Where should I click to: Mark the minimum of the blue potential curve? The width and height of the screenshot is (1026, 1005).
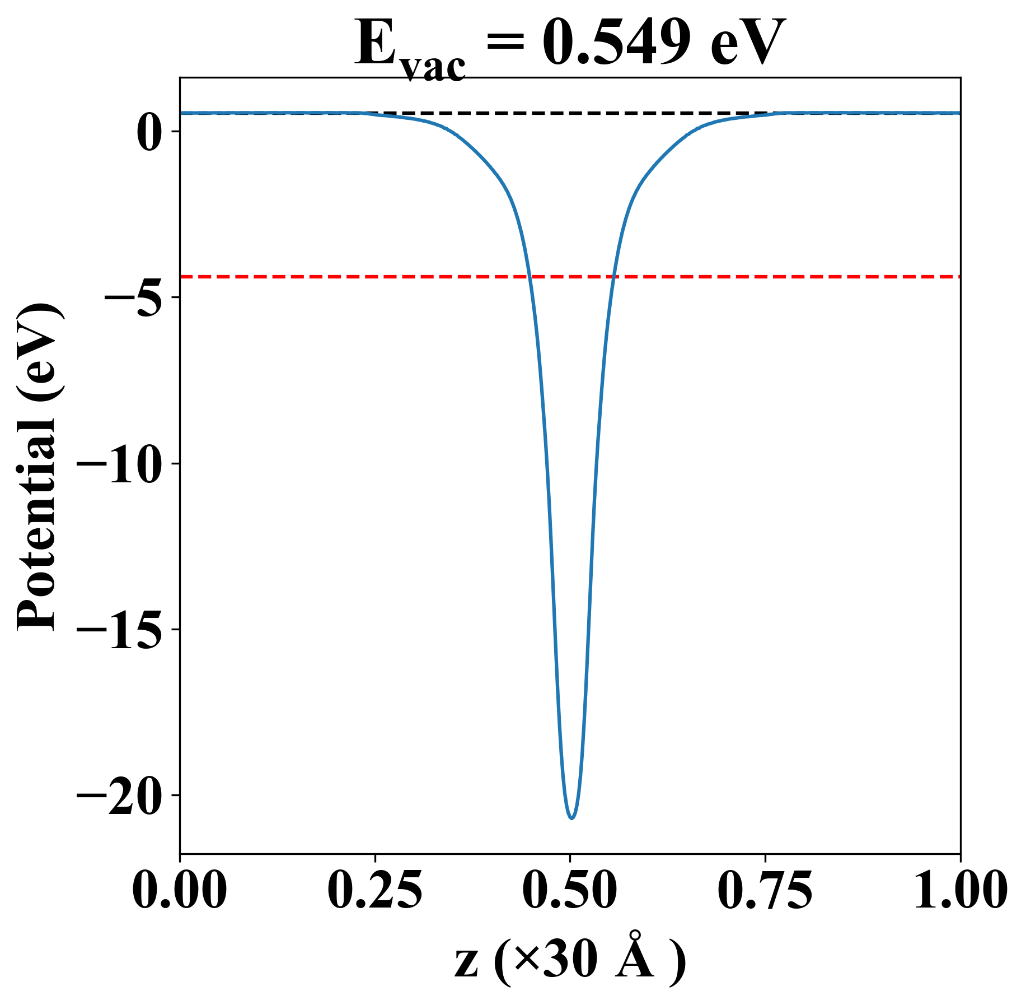pyautogui.click(x=571, y=818)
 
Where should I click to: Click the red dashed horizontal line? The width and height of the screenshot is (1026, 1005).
pyautogui.click(x=336, y=277)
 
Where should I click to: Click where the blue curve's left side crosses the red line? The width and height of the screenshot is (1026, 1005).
pyautogui.click(x=529, y=277)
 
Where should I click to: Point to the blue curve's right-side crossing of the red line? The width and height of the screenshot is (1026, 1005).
pyautogui.click(x=613, y=277)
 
